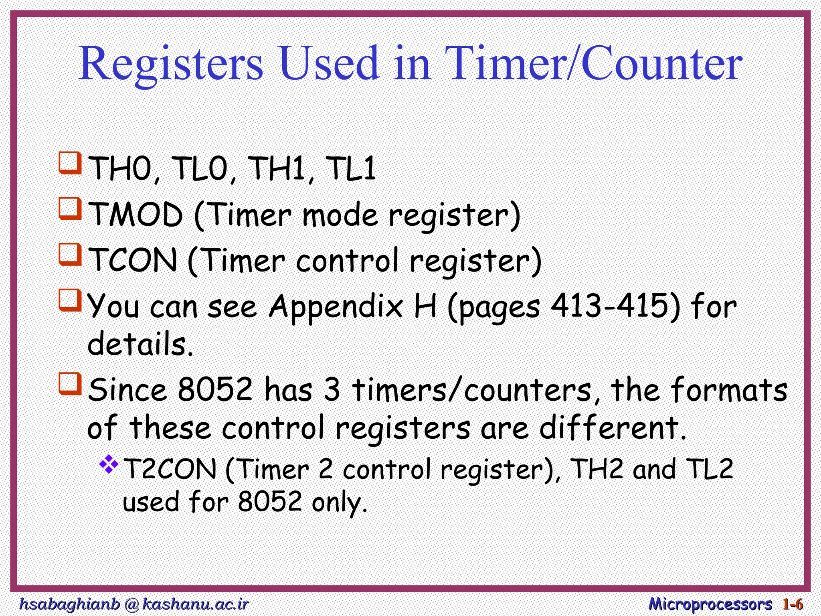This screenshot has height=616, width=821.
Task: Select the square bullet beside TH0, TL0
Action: pyautogui.click(x=70, y=163)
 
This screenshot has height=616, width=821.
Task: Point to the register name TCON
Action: pyautogui.click(x=133, y=261)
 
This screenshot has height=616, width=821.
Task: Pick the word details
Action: pyautogui.click(x=140, y=344)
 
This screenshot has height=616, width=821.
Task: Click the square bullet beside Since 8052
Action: pyautogui.click(x=70, y=383)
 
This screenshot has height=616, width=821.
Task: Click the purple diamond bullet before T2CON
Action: pyautogui.click(x=109, y=464)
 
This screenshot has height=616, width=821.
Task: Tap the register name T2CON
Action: pyautogui.click(x=170, y=469)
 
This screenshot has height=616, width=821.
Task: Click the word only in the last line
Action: pyautogui.click(x=339, y=503)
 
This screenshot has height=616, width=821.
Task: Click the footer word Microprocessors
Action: pyautogui.click(x=710, y=604)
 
